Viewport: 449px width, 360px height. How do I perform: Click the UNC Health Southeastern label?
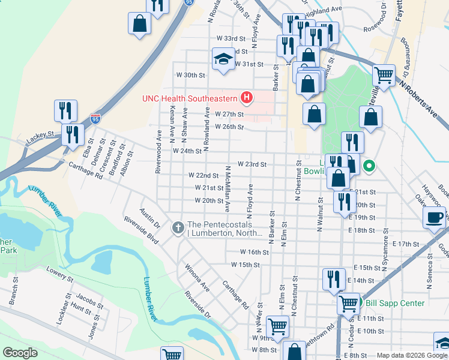[x=189, y=98]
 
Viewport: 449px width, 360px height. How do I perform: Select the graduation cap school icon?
[x=223, y=59]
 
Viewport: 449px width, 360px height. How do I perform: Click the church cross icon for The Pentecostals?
[x=178, y=227]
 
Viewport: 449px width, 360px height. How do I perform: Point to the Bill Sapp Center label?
[x=395, y=303]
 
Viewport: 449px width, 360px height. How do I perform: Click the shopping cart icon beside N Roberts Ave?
[x=384, y=76]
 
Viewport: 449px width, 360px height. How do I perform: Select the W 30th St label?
[x=190, y=76]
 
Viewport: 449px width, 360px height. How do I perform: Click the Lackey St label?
[x=40, y=139]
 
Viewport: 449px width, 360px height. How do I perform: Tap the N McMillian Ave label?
[x=228, y=189]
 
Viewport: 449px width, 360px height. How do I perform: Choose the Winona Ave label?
[x=196, y=277]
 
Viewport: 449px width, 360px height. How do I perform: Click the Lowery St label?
[x=59, y=275]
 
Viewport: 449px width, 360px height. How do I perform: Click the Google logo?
[x=20, y=353]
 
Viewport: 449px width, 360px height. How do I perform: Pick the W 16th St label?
[x=254, y=253]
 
